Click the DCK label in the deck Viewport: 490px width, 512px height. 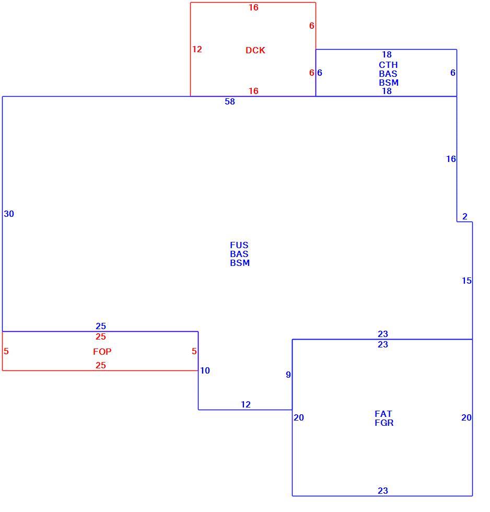click(255, 50)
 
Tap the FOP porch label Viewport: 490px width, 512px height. click(102, 352)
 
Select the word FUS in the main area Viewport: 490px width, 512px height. click(239, 245)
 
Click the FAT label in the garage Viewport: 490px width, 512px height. click(383, 414)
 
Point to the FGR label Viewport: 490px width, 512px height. click(384, 423)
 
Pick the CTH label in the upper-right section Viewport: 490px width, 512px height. click(388, 65)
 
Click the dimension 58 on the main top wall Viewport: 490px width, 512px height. click(230, 101)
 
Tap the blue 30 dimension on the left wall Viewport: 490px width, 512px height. click(9, 214)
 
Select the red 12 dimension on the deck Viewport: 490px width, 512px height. click(197, 49)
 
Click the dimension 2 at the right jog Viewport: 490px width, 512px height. click(465, 216)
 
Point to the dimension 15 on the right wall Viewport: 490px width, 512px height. click(466, 281)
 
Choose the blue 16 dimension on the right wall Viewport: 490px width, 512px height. click(451, 159)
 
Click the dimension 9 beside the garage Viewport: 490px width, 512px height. click(288, 375)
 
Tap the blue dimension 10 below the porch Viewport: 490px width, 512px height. click(205, 370)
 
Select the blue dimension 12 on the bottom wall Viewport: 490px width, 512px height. click(246, 404)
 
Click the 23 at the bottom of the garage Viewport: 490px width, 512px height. click(383, 491)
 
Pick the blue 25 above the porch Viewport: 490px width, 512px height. click(101, 326)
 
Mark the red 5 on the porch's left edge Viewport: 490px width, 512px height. click(6, 351)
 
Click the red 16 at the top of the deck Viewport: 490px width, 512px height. click(253, 7)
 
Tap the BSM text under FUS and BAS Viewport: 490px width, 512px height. click(240, 263)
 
